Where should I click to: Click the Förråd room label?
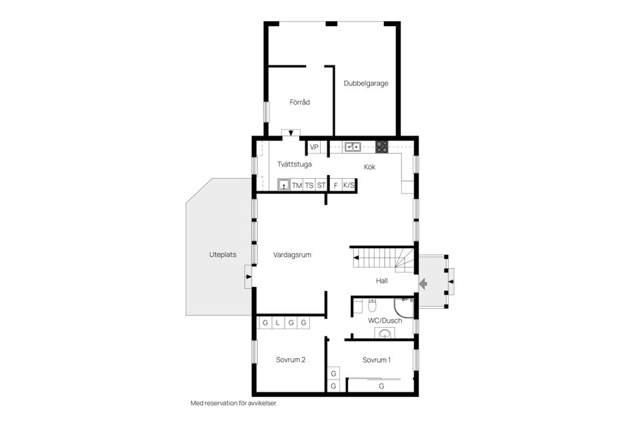[x=299, y=103]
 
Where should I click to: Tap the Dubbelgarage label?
[x=366, y=84]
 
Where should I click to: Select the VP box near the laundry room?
[x=314, y=147]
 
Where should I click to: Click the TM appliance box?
[x=297, y=185]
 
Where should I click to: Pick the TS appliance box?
[x=309, y=185]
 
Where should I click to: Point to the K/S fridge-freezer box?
[x=349, y=185]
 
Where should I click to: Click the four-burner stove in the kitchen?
[x=382, y=146]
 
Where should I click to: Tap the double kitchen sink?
[x=352, y=146]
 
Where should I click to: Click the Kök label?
[x=369, y=167]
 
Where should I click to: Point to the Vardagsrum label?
[x=292, y=255]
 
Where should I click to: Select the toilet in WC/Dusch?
[x=372, y=306]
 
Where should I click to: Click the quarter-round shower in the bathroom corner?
[x=404, y=307]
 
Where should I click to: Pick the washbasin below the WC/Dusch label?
[x=384, y=334]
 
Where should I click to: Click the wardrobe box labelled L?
[x=277, y=323]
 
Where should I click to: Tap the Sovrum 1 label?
[x=377, y=360]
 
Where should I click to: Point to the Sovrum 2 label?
[x=291, y=360]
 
